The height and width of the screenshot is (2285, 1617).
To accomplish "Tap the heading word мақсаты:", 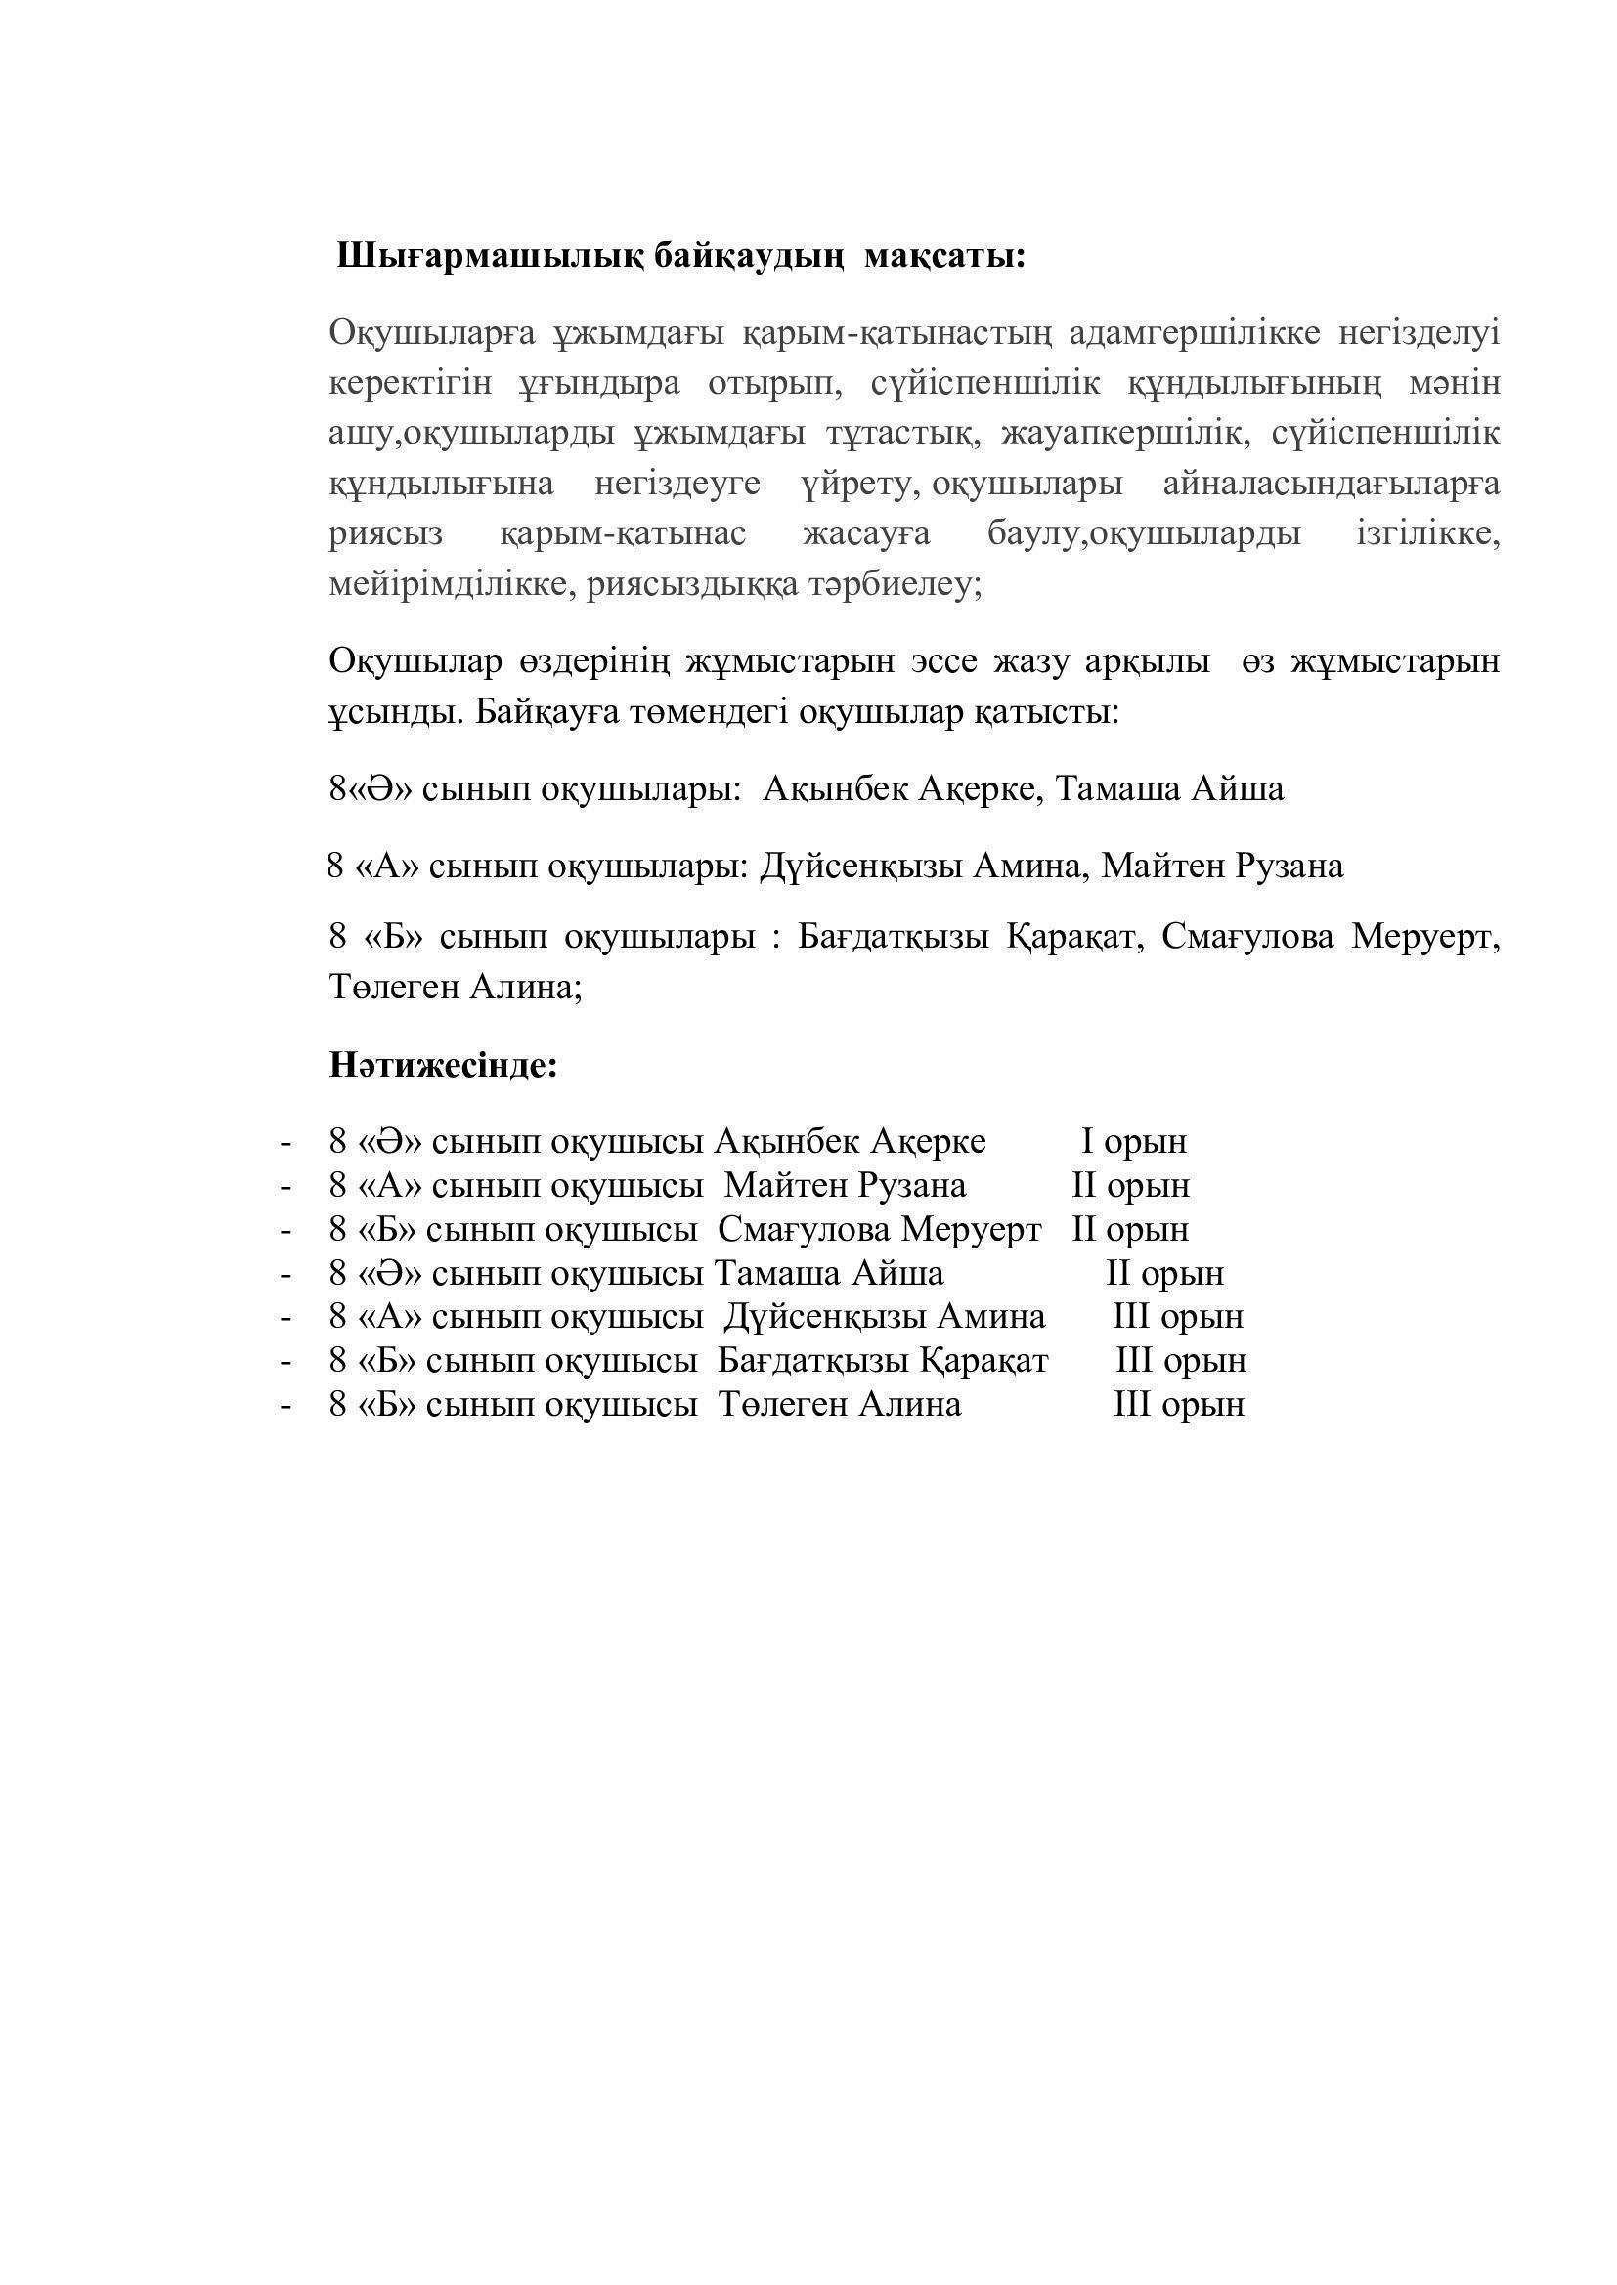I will tap(944, 257).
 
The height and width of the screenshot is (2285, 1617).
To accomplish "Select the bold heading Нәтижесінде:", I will tap(443, 1066).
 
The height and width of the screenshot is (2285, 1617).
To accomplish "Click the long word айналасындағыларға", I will tap(1332, 485).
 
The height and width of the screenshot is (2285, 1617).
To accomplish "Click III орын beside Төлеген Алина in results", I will tap(1179, 1404).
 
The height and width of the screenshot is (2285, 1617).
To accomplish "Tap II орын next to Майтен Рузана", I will tap(1130, 1185).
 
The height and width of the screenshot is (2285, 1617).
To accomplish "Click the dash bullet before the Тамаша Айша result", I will tap(286, 1274).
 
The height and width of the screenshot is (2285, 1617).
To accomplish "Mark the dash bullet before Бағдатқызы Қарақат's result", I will tap(286, 1362).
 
